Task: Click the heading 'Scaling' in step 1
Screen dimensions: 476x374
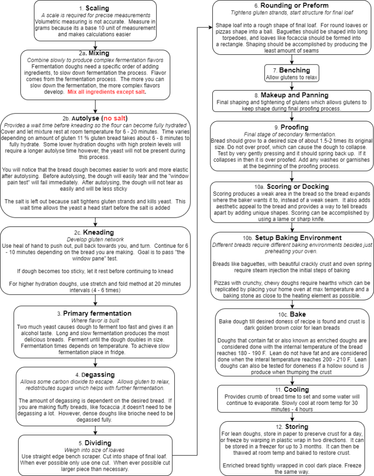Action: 97,8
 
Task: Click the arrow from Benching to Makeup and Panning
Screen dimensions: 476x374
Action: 292,86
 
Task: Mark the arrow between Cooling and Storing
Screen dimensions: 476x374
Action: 292,417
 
